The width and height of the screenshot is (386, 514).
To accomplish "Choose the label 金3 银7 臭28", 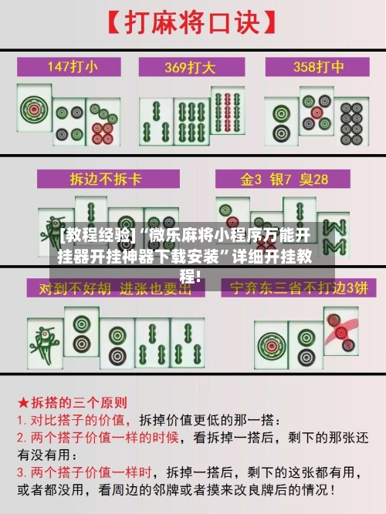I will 284,179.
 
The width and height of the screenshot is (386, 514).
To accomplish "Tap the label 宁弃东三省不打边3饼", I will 295,287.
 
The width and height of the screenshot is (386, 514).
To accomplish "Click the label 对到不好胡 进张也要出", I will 103,287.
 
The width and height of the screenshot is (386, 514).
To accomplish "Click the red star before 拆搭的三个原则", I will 22,402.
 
